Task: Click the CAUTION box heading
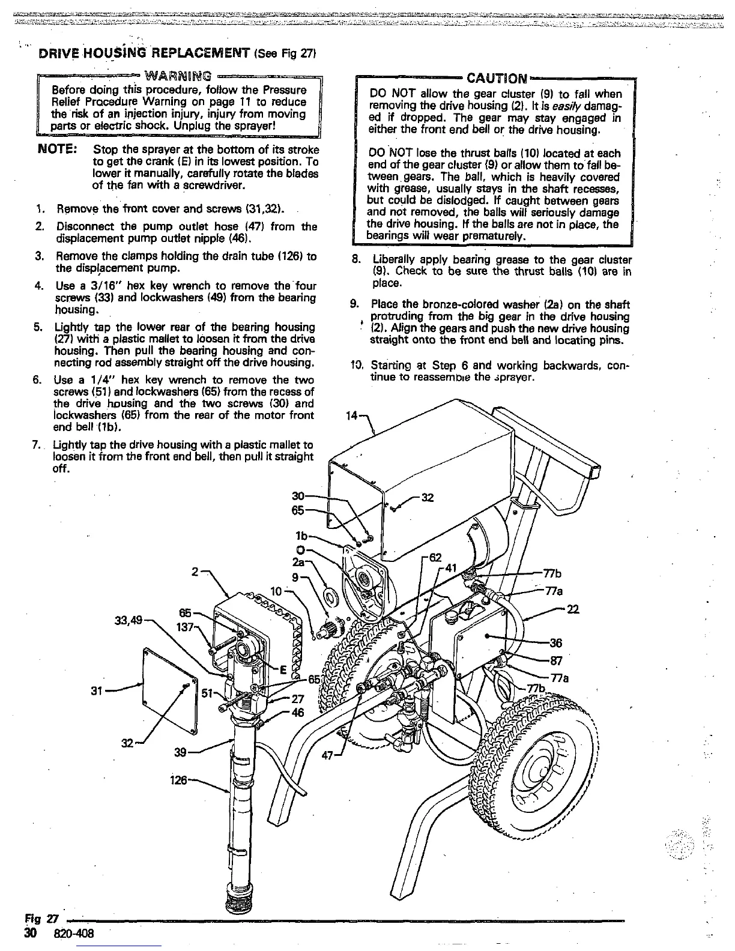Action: point(497,79)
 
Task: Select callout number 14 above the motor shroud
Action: point(352,414)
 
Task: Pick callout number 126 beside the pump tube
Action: point(179,781)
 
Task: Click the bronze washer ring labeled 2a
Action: point(331,597)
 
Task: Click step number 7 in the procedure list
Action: point(37,445)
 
